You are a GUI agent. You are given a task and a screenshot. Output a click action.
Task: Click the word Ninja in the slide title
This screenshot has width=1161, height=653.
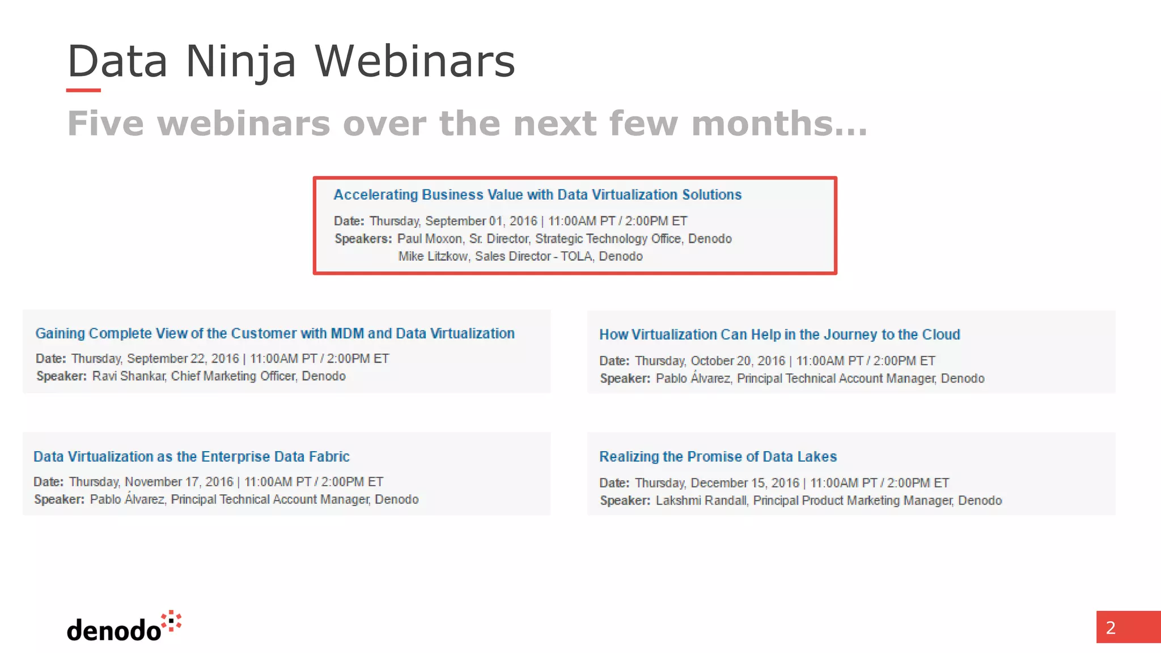point(240,61)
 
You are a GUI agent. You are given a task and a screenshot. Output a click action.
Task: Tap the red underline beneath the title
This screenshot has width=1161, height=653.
point(83,90)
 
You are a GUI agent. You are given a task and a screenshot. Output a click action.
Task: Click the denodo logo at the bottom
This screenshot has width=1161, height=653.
point(124,627)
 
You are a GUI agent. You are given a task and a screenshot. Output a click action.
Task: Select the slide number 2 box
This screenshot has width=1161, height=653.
point(1128,627)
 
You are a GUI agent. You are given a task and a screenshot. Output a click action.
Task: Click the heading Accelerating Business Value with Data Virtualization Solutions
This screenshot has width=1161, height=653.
point(537,194)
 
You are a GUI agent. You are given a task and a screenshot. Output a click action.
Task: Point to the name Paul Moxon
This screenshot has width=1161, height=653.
point(429,239)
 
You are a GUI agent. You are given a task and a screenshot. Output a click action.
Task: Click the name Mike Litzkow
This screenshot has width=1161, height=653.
point(433,256)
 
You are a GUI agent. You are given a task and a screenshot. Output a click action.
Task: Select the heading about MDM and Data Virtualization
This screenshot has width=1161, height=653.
point(275,333)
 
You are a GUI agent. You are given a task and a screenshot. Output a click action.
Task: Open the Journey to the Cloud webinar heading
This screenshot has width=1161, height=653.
point(779,334)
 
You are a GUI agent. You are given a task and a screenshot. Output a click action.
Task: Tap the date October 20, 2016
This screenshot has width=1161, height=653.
point(738,361)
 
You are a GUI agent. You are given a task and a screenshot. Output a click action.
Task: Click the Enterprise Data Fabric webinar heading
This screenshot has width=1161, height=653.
point(191,456)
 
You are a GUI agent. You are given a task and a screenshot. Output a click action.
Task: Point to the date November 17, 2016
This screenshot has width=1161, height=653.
point(179,482)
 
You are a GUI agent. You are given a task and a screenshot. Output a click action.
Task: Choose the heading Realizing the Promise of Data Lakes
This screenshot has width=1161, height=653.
point(718,456)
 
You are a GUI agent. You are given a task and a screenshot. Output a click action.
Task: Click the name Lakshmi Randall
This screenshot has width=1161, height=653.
point(701,501)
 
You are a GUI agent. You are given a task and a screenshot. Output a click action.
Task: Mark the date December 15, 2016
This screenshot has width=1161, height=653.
point(744,483)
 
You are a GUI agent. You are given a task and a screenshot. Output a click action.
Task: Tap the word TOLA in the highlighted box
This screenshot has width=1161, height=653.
point(576,256)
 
